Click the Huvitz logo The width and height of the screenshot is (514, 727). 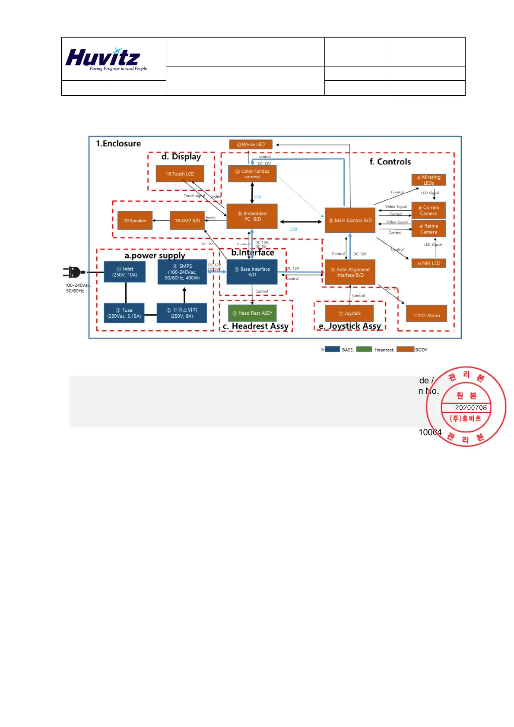[x=106, y=59]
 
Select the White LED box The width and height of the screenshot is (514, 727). [x=251, y=145]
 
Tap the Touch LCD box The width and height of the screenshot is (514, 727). [x=180, y=174]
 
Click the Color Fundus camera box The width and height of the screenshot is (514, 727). [x=252, y=174]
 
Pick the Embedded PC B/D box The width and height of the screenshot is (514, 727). [x=252, y=216]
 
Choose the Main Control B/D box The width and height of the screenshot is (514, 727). [x=350, y=220]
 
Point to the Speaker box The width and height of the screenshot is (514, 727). [x=135, y=221]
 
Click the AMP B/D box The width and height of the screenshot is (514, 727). [x=187, y=221]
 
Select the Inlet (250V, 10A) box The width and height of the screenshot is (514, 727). [x=124, y=272]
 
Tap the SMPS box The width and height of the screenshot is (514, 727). [x=182, y=272]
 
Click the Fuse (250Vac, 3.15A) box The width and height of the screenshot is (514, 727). [x=124, y=313]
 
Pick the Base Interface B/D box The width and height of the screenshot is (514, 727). [x=252, y=272]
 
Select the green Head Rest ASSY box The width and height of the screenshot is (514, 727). [x=252, y=313]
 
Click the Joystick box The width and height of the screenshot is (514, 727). [x=349, y=313]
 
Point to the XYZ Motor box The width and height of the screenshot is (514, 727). [x=426, y=315]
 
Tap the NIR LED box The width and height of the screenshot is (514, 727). [x=428, y=263]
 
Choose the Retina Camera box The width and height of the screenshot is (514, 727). [x=428, y=229]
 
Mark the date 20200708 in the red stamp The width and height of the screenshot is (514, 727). [x=470, y=408]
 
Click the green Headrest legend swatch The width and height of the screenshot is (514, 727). [x=364, y=349]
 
